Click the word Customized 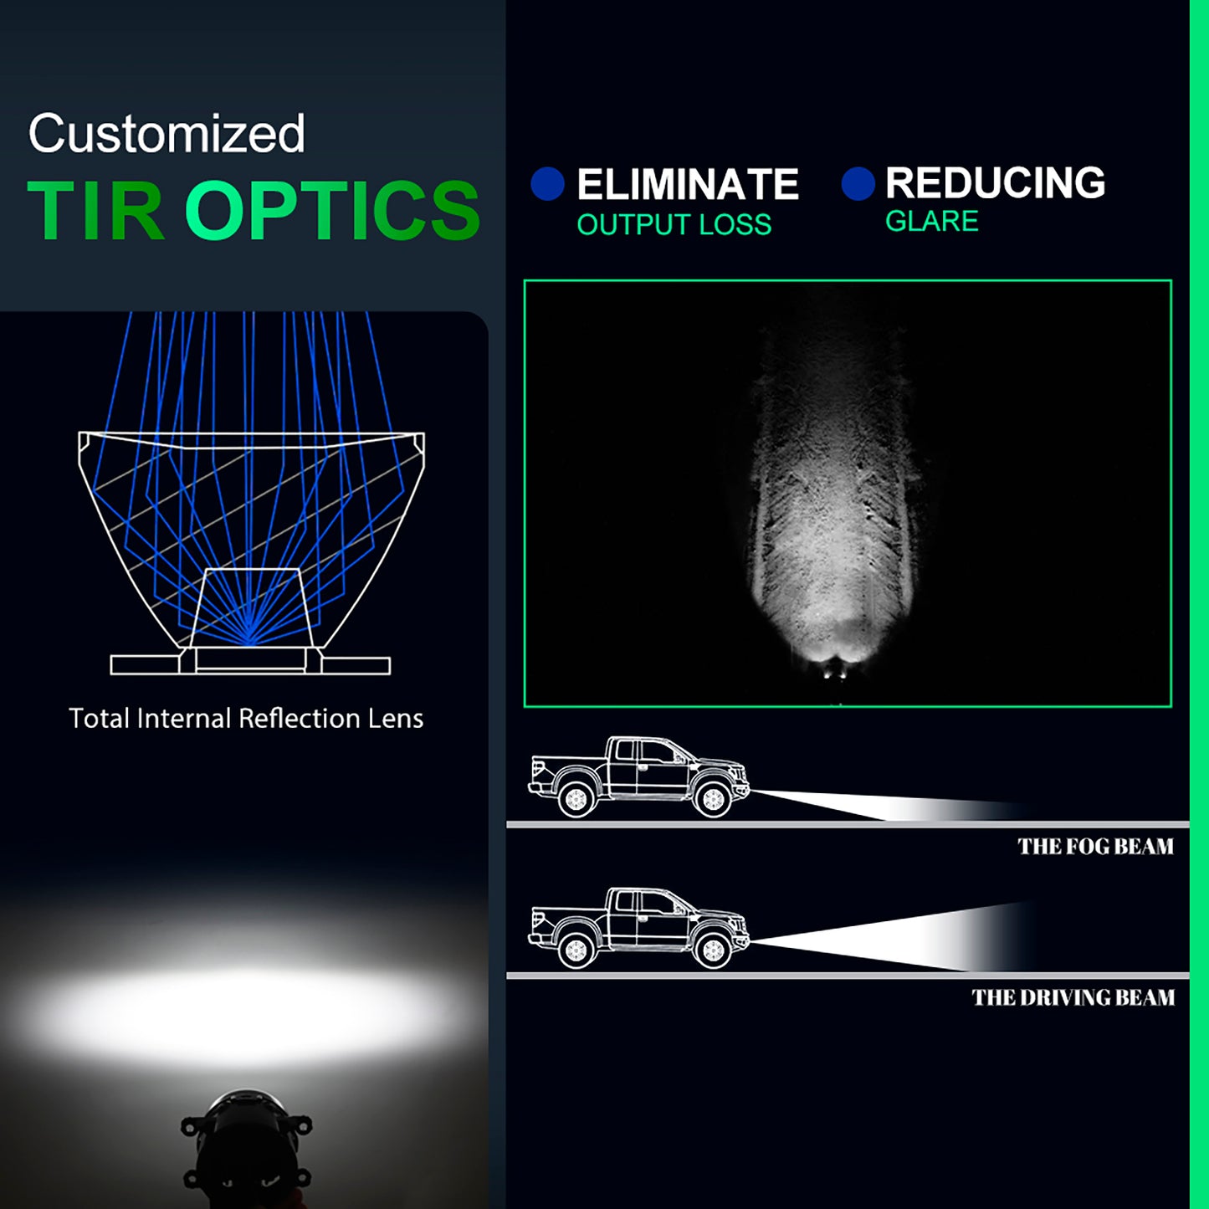166,134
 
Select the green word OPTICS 332,209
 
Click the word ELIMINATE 688,184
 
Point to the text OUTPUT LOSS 674,224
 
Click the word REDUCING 995,182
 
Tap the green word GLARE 932,221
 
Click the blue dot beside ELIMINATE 547,184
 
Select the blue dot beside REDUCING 858,183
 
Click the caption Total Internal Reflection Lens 246,719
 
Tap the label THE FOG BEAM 1095,847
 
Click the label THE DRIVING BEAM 1073,997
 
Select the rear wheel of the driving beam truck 576,951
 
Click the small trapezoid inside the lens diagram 251,607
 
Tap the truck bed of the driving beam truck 568,921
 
